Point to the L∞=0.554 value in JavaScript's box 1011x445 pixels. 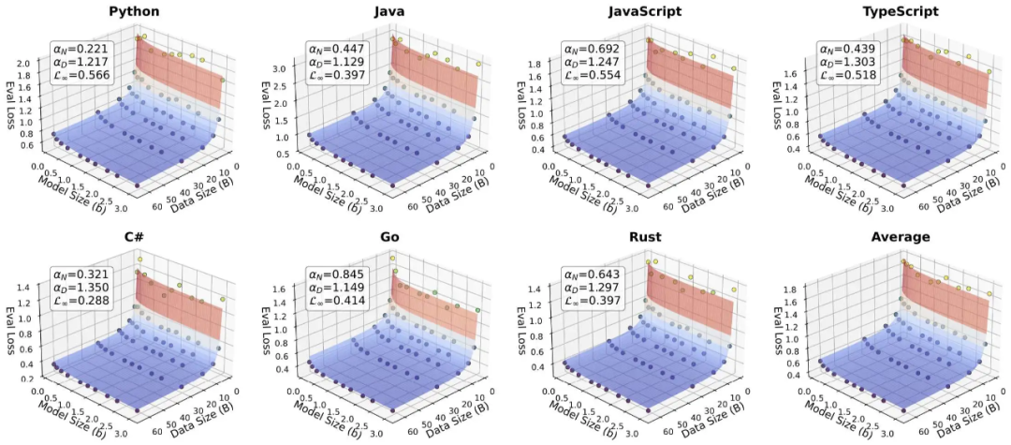pyautogui.click(x=588, y=80)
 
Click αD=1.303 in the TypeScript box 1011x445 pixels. pyautogui.click(x=843, y=64)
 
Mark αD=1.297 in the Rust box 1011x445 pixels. pyautogui.click(x=588, y=288)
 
